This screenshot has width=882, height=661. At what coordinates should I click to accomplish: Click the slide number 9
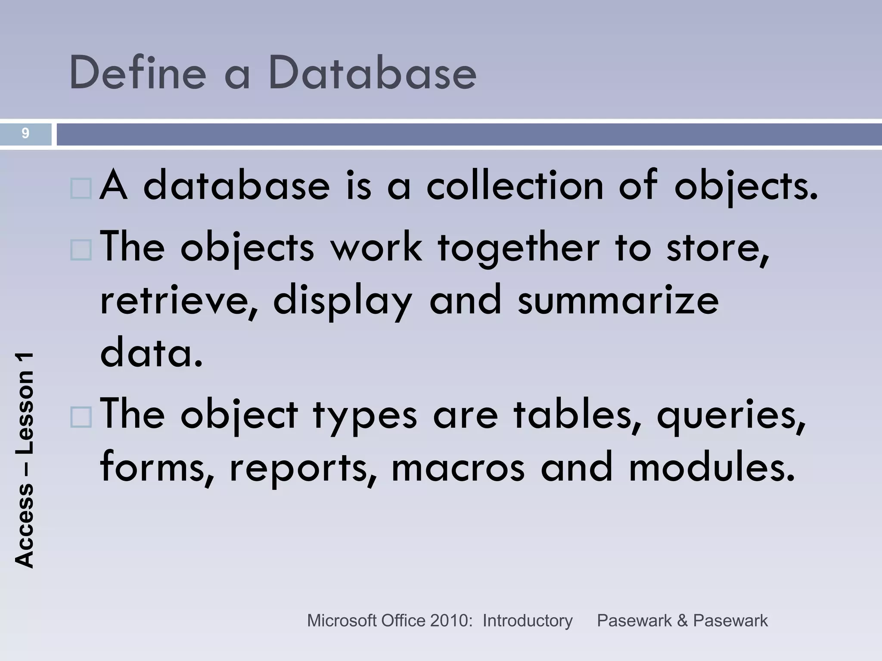(x=25, y=133)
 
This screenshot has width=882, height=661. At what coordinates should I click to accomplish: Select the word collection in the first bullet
(x=515, y=186)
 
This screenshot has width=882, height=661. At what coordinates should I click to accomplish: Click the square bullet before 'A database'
(x=81, y=188)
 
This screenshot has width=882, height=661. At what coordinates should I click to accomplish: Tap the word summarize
(x=618, y=300)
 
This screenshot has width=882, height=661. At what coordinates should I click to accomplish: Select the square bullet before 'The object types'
(x=81, y=417)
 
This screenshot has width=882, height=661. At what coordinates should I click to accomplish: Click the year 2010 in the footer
(x=450, y=621)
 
